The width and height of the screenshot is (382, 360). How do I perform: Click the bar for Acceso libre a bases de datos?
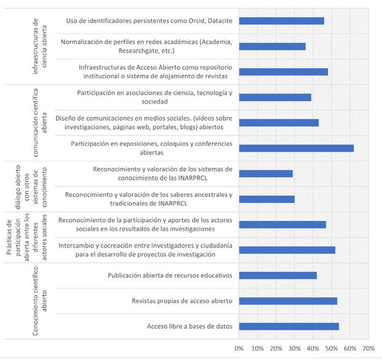coord(289,327)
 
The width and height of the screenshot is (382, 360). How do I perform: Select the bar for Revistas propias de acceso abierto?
coord(288,301)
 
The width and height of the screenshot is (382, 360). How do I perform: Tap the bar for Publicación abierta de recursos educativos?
coord(278,275)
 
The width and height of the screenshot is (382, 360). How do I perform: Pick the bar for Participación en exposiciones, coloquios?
coord(296,148)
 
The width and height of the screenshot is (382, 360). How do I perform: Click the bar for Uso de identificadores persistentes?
coord(281,21)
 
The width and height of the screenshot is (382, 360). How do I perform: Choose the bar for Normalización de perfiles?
coord(272,47)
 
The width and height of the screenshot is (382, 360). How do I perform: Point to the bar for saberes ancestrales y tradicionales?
coord(267,199)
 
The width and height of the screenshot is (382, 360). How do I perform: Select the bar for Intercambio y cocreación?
coord(287,250)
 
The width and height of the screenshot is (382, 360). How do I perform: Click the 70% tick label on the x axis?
coord(368,348)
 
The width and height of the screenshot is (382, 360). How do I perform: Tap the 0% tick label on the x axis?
coord(239,348)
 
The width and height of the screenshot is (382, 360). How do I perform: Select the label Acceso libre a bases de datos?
coord(189,327)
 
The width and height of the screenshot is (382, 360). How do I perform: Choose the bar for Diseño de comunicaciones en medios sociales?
coord(279,123)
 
